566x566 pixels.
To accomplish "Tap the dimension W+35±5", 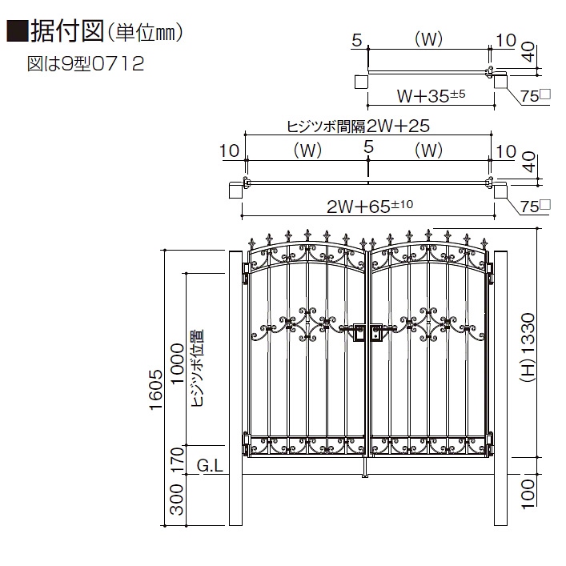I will click(x=431, y=96).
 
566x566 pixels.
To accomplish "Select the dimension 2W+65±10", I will click(x=368, y=207).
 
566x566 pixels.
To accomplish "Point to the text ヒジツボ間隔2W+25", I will click(x=359, y=126).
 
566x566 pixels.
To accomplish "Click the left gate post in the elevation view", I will click(x=237, y=392).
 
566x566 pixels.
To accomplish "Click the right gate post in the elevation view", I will click(x=500, y=392).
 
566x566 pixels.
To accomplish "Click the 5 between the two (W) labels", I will click(x=368, y=147).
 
